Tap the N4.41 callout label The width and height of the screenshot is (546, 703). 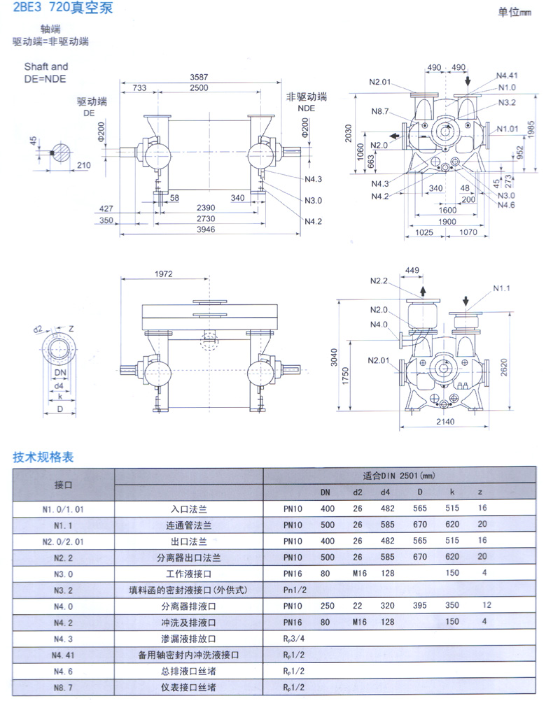pyautogui.click(x=508, y=75)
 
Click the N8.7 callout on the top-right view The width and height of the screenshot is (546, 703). pyautogui.click(x=380, y=112)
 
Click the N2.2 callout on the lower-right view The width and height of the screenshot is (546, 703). pyautogui.click(x=378, y=281)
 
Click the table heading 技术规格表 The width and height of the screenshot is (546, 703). pyautogui.click(x=43, y=458)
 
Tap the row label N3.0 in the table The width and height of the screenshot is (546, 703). pyautogui.click(x=63, y=573)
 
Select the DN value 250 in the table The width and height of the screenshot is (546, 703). pyautogui.click(x=325, y=605)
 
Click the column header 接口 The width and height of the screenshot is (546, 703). pyautogui.click(x=63, y=484)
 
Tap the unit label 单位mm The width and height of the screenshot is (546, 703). pyautogui.click(x=514, y=13)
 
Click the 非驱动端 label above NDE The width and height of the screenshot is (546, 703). pyautogui.click(x=307, y=97)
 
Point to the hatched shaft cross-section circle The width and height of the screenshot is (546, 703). pyautogui.click(x=62, y=153)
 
